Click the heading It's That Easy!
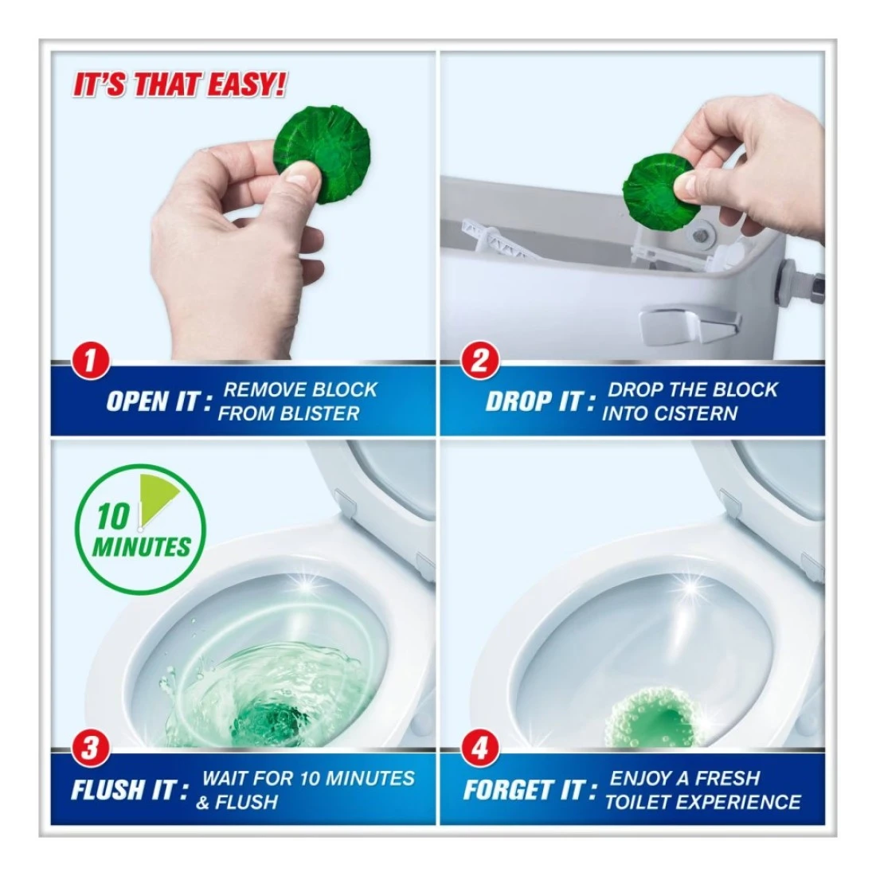pos(179,86)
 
